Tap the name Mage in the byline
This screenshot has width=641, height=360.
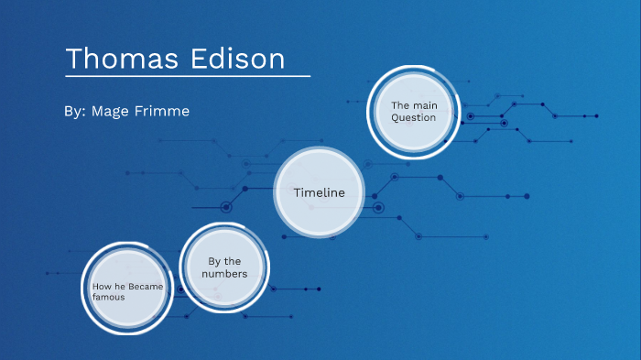tap(112, 111)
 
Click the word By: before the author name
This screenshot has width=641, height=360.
tap(75, 111)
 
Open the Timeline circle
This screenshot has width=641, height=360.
tap(320, 192)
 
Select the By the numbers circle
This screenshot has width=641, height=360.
tap(223, 267)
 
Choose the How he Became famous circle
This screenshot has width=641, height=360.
tap(125, 291)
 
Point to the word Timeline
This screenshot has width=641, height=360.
tap(320, 192)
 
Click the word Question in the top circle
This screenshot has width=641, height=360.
tap(414, 117)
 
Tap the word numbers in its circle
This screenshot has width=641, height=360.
tap(224, 274)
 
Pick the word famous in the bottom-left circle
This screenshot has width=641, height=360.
tap(108, 297)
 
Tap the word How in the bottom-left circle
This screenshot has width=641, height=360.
tap(101, 287)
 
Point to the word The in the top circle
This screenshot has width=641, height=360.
tap(400, 105)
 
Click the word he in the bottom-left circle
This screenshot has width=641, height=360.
tap(119, 287)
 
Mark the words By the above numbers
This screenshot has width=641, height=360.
tap(224, 261)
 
